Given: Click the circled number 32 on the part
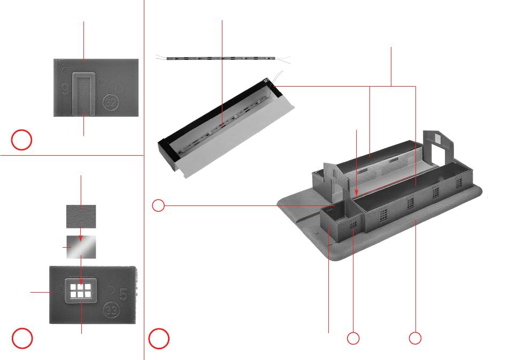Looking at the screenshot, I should (110, 101).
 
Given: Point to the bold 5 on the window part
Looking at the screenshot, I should (123, 294).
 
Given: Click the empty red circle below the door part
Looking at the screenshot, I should (22, 140).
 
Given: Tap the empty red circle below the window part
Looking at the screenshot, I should (22, 338).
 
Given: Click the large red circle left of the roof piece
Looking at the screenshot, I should (160, 338).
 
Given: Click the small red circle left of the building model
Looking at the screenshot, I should (158, 205).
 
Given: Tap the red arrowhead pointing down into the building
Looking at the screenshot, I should (357, 189).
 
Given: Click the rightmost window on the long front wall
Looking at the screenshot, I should (458, 183).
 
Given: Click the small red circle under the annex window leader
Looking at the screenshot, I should (353, 338).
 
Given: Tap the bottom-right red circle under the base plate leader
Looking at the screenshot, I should (415, 338).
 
